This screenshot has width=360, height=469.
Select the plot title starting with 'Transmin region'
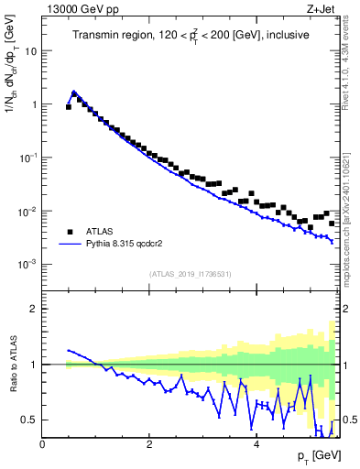tap(191, 35)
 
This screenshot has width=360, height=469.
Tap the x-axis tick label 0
tap(42, 443)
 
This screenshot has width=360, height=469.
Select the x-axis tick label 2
tap(149, 443)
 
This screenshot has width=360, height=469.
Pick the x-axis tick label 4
tap(256, 443)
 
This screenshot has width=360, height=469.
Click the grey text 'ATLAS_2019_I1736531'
tap(191, 274)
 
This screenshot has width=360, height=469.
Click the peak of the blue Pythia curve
tap(74, 92)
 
